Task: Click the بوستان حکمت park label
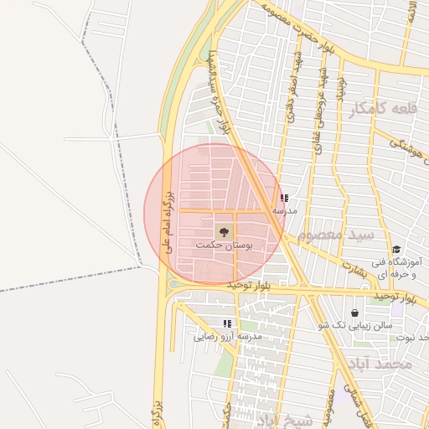pos(224,246)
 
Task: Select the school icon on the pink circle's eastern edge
pos(285,198)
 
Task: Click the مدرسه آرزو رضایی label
pos(228,337)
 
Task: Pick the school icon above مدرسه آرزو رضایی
pos(227,323)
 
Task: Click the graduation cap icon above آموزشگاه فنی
pos(395,249)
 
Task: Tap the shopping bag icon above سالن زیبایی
pos(354,312)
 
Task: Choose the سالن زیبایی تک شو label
pos(351,325)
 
